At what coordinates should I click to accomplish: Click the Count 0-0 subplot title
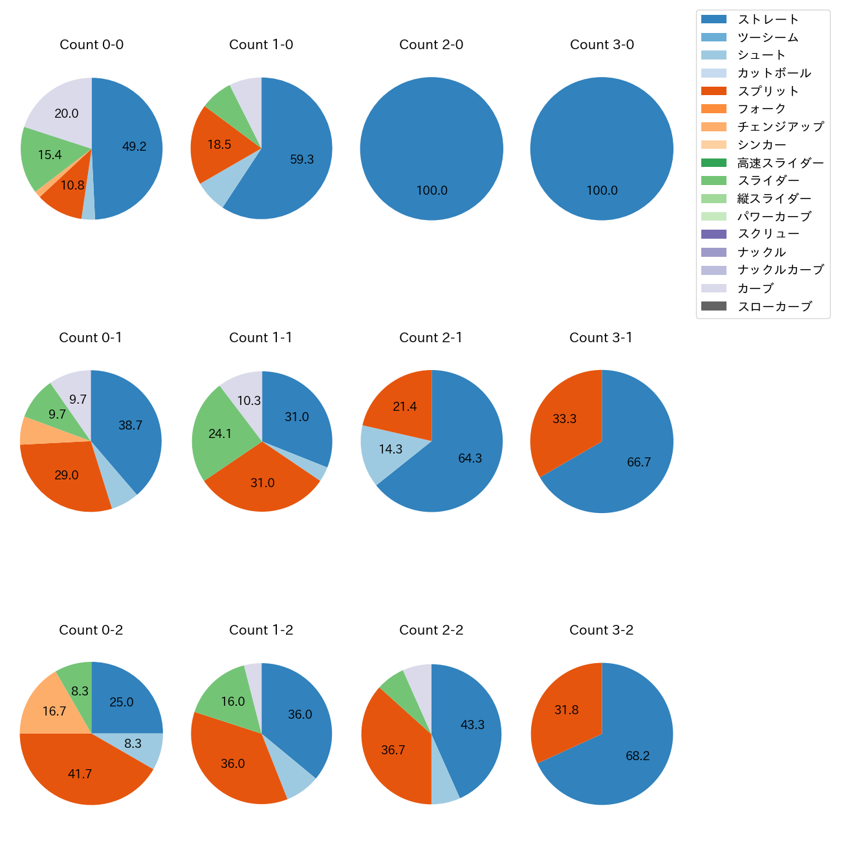pyautogui.click(x=91, y=45)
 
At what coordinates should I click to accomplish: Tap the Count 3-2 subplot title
pyautogui.click(x=601, y=630)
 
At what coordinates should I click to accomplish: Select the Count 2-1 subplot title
pyautogui.click(x=431, y=338)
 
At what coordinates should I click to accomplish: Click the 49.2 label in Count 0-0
pyautogui.click(x=135, y=147)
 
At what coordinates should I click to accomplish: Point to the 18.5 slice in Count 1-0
pyautogui.click(x=219, y=145)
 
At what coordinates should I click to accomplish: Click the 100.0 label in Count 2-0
pyautogui.click(x=431, y=191)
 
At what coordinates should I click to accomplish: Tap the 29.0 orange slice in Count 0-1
pyautogui.click(x=66, y=475)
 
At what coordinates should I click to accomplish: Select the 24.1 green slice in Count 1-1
pyautogui.click(x=220, y=434)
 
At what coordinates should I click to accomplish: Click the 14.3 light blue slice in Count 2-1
pyautogui.click(x=390, y=450)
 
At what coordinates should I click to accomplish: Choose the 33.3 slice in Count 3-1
pyautogui.click(x=564, y=419)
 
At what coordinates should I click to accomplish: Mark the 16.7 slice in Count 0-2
pyautogui.click(x=54, y=712)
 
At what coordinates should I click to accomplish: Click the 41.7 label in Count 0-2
pyautogui.click(x=80, y=774)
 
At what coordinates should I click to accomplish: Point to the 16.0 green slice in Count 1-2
pyautogui.click(x=232, y=702)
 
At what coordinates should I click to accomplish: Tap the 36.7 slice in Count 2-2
pyautogui.click(x=393, y=750)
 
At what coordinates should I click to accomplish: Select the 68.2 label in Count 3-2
pyautogui.click(x=637, y=756)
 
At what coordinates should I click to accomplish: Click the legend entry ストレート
pyautogui.click(x=768, y=19)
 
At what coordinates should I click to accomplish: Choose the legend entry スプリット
pyautogui.click(x=768, y=91)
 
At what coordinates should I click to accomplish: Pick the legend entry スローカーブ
pyautogui.click(x=774, y=307)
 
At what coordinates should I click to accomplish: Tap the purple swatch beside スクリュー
pyautogui.click(x=714, y=234)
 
